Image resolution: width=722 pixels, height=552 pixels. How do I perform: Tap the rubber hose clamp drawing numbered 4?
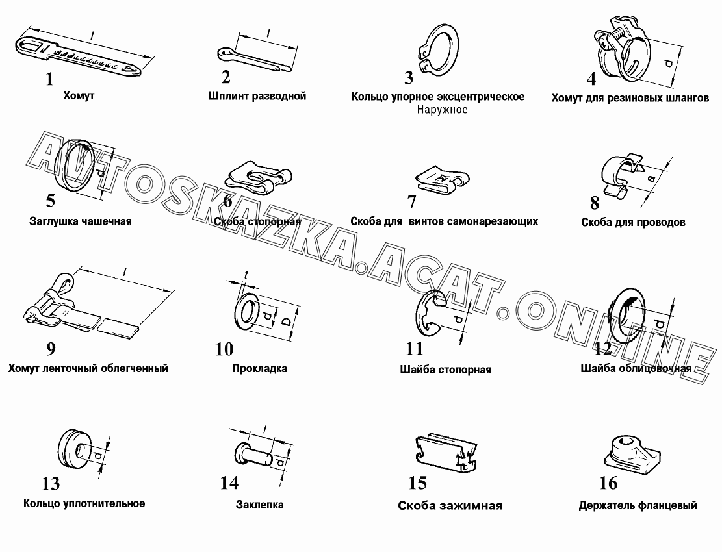coord(622,51)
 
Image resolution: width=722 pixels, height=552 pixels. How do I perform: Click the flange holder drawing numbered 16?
coord(632,453)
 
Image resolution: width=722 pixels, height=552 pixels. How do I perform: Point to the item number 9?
coord(51,349)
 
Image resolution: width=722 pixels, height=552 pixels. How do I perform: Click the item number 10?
coord(224,349)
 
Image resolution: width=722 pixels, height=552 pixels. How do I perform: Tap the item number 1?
coord(49,79)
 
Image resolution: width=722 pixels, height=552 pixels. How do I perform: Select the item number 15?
coord(418,483)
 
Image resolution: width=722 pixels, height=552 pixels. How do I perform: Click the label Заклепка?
coord(260,505)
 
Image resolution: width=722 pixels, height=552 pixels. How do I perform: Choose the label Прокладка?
coord(260,368)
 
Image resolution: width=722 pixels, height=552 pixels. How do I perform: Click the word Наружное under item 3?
coord(442,110)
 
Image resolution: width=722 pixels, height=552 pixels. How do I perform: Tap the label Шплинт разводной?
coord(257,96)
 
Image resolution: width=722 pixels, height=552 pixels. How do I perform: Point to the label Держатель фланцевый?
coord(638,505)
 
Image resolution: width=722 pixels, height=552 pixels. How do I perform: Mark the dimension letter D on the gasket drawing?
coord(286,321)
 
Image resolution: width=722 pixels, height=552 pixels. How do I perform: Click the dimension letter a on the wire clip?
coord(651,178)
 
